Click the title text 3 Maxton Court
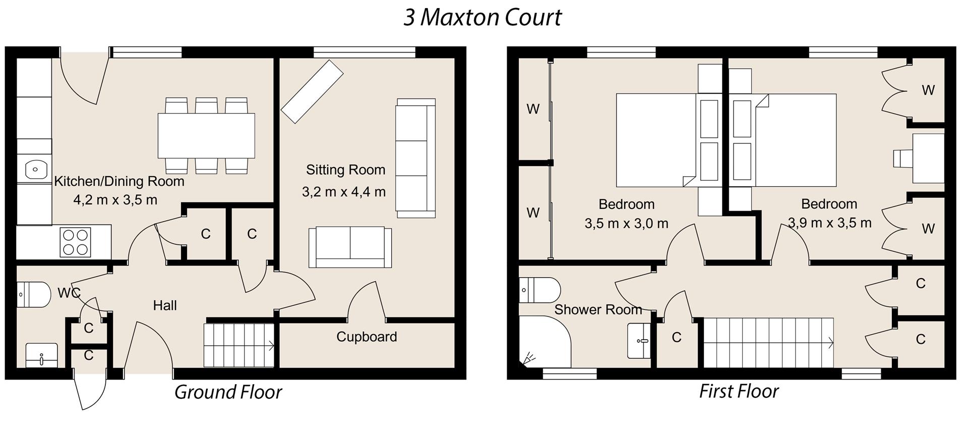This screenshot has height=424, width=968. click(x=482, y=18)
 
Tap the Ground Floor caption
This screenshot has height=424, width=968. click(x=228, y=392)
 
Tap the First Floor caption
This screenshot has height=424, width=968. click(x=739, y=391)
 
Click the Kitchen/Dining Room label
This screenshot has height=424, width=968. click(x=119, y=181)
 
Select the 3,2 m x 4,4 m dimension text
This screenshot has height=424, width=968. click(x=344, y=192)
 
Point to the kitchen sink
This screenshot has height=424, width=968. click(x=34, y=169)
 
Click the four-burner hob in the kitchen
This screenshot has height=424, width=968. click(x=76, y=242)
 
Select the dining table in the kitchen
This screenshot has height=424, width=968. click(x=206, y=136)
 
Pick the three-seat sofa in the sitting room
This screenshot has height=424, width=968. click(x=415, y=158)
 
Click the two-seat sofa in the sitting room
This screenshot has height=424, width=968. click(x=350, y=247)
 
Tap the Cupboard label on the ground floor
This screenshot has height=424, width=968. click(x=367, y=337)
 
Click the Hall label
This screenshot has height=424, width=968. click(x=165, y=305)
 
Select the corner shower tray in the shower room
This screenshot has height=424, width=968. click(x=543, y=342)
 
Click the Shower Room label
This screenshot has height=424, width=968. click(x=598, y=309)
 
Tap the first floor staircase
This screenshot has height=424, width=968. click(x=768, y=343)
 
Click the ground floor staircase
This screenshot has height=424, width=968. click(x=238, y=345)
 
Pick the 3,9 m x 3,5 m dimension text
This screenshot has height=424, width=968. click(x=829, y=223)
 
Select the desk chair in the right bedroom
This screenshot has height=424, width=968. click(x=901, y=158)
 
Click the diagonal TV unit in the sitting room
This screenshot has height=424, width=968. click(x=312, y=91)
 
